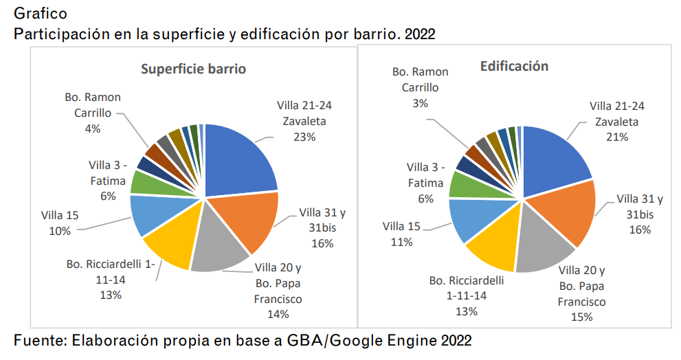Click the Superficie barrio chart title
pyautogui.click(x=193, y=69)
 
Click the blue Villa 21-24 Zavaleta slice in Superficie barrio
pyautogui.click(x=237, y=157)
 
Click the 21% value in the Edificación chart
pyautogui.click(x=617, y=137)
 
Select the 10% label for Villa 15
pyautogui.click(x=60, y=231)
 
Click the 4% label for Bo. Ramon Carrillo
pyautogui.click(x=93, y=128)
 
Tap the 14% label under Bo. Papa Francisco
pyautogui.click(x=278, y=314)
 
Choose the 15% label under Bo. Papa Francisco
pyautogui.click(x=581, y=317)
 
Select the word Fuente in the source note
pyautogui.click(x=40, y=340)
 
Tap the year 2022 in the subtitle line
pyautogui.click(x=420, y=34)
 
